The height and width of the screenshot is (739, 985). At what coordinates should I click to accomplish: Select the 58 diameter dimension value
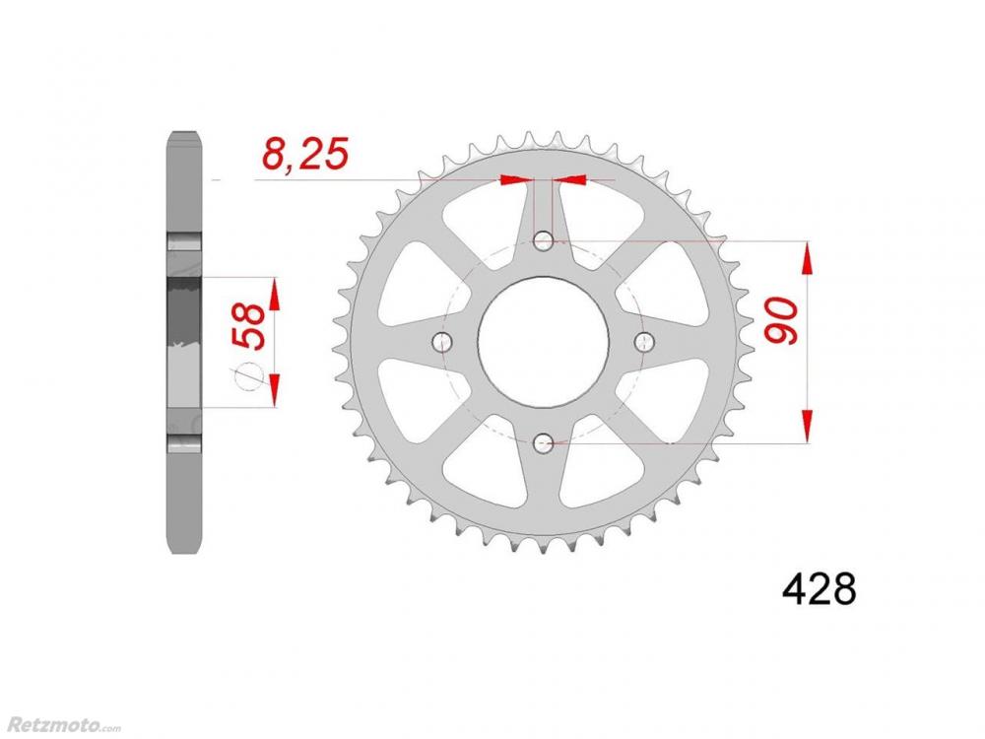pos(249,325)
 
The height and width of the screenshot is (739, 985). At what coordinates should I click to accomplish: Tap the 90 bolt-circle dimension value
pos(780,320)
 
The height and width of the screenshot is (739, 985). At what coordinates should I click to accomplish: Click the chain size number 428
pos(819,588)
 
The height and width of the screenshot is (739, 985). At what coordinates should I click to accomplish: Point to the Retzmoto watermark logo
pos(61,723)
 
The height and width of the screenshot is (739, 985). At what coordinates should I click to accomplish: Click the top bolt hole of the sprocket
pos(544,240)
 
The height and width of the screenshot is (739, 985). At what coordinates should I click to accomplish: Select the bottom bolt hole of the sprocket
pos(544,443)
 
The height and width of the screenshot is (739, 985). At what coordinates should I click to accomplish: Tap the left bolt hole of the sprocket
pos(443,342)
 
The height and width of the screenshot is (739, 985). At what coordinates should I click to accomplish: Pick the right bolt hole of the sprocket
pos(644,342)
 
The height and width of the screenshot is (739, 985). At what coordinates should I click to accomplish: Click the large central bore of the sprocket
pos(544,342)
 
